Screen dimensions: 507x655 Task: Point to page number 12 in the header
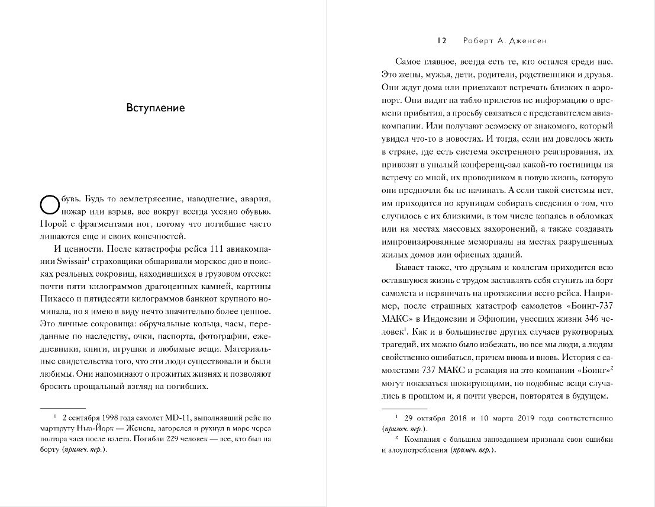coord(441,41)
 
